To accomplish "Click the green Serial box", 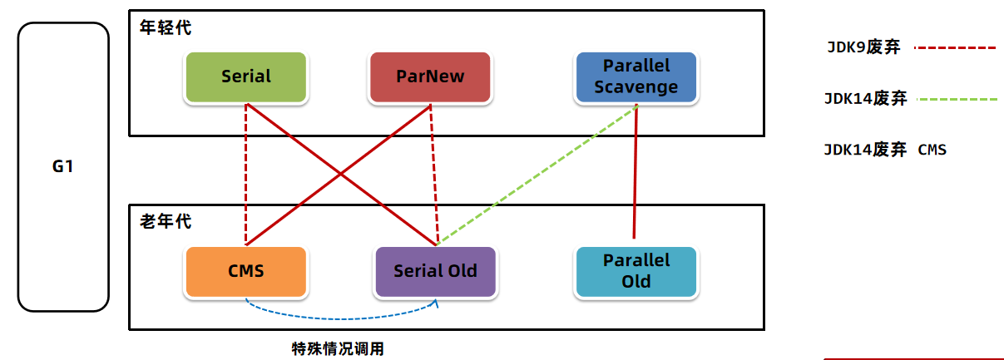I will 246,77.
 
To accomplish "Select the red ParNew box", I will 430,77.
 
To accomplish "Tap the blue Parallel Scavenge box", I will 636,77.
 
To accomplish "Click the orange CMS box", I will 246,271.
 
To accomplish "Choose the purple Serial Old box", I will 435,271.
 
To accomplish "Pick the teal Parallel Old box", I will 636,271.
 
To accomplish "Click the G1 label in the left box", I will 63,166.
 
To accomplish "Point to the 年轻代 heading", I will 165,28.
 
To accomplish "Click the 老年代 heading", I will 165,222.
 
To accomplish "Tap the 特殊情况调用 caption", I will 338,348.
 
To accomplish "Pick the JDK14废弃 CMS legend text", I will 885,150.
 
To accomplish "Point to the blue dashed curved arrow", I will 341,317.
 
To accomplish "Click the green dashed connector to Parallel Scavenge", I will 537,174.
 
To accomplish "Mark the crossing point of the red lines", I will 340,174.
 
